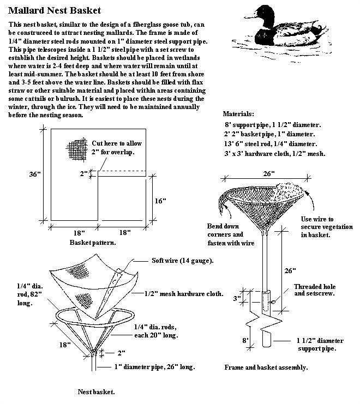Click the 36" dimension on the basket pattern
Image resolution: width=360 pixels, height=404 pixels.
pyautogui.click(x=35, y=174)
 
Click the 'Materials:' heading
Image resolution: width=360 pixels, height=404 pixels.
pyautogui.click(x=239, y=114)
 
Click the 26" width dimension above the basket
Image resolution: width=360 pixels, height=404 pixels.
pyautogui.click(x=268, y=173)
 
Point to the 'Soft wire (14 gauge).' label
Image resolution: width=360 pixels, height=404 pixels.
pyautogui.click(x=182, y=260)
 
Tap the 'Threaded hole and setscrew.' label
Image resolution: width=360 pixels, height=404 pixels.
pyautogui.click(x=315, y=290)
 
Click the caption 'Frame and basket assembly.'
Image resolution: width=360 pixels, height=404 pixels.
pyautogui.click(x=266, y=367)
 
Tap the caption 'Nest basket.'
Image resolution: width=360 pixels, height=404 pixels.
pyautogui.click(x=96, y=391)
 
